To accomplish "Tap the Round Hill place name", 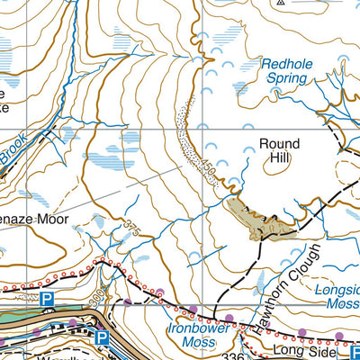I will (279, 152).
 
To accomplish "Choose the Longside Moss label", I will (337, 298).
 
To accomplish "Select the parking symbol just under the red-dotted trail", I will (48, 298).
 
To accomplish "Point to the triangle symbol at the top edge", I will (282, 3).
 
